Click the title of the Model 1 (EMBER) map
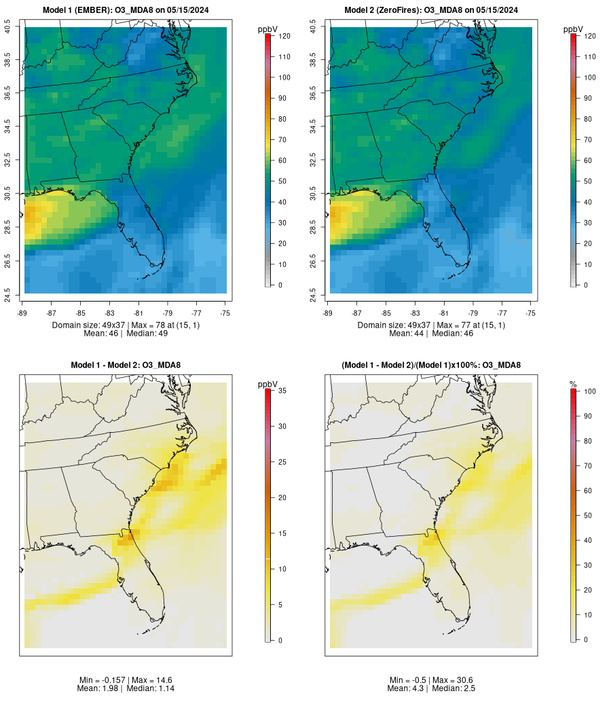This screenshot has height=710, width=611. (x=125, y=10)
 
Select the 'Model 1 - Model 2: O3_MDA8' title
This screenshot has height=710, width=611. (x=126, y=366)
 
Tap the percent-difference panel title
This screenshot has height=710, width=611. (x=431, y=366)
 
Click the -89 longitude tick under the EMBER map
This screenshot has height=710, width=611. (x=23, y=313)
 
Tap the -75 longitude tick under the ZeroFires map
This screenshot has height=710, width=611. (x=531, y=313)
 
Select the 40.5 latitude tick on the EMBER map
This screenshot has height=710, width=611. (x=7, y=27)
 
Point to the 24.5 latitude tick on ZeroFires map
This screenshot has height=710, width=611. (x=313, y=294)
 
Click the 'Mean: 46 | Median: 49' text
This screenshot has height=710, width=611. (x=126, y=334)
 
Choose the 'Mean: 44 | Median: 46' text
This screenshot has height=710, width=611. (x=431, y=334)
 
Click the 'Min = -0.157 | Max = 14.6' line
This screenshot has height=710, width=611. (x=126, y=680)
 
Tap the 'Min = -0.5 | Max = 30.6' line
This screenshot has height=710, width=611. (x=431, y=680)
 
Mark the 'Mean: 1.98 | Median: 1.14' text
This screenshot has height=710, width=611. (x=126, y=688)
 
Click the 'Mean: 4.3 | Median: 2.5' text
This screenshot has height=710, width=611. (x=431, y=688)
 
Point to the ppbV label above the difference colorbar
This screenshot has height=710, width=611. (x=269, y=385)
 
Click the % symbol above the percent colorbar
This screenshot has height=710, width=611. (x=574, y=385)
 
